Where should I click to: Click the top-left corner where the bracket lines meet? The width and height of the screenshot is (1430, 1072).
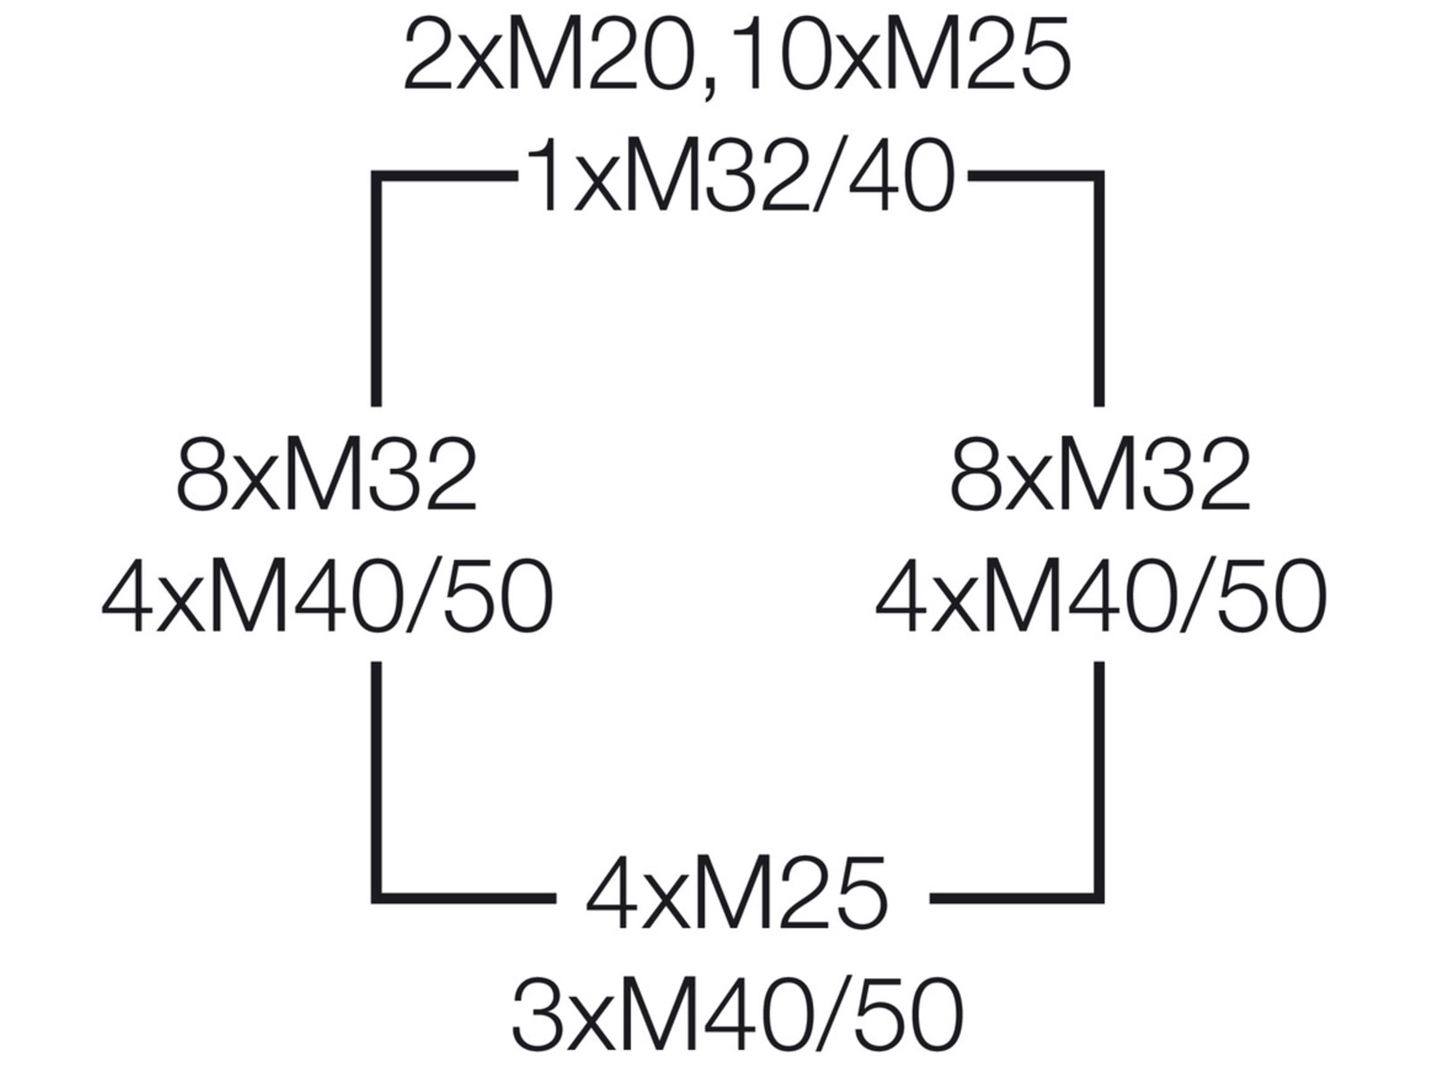[376, 176]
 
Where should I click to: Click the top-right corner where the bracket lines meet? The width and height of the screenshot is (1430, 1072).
[1098, 176]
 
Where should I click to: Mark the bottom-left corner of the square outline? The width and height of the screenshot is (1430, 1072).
[376, 898]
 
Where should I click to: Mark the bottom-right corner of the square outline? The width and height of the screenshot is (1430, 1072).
[1098, 898]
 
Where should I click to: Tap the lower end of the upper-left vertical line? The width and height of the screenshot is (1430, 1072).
[376, 406]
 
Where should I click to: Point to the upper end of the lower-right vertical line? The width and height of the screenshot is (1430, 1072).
[1098, 663]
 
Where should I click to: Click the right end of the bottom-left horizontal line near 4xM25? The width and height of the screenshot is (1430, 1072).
[555, 898]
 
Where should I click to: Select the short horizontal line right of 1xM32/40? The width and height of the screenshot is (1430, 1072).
[1036, 176]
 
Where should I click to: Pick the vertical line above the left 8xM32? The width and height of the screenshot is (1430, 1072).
[376, 289]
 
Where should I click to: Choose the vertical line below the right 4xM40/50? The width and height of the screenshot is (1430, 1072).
[1098, 783]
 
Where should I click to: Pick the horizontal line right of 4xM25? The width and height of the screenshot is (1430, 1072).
[1016, 898]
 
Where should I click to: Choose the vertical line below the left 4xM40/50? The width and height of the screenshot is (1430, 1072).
[376, 783]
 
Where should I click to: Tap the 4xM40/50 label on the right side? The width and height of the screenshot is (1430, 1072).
[1101, 597]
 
